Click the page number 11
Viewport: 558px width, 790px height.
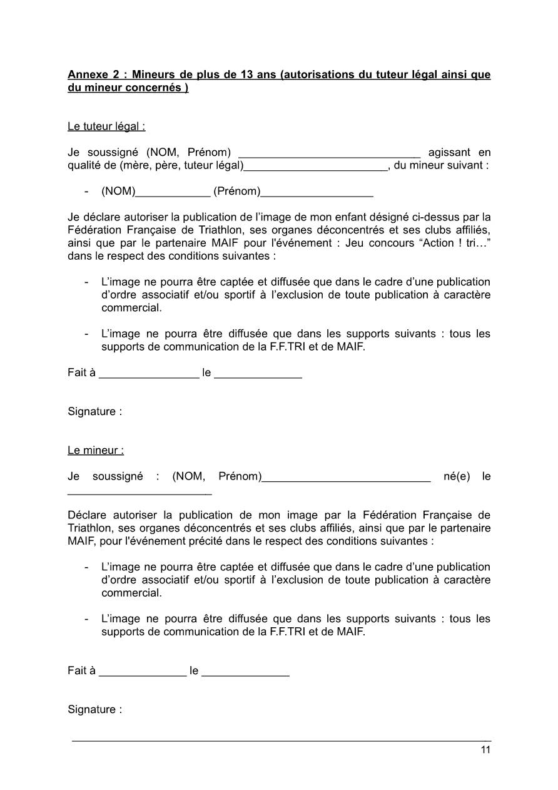[485, 751]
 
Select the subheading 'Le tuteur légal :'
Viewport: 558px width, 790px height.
[106, 126]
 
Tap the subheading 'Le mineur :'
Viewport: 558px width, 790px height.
[96, 450]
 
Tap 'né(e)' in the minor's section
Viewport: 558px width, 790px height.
[457, 476]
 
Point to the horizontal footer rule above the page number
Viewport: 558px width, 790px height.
[282, 741]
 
